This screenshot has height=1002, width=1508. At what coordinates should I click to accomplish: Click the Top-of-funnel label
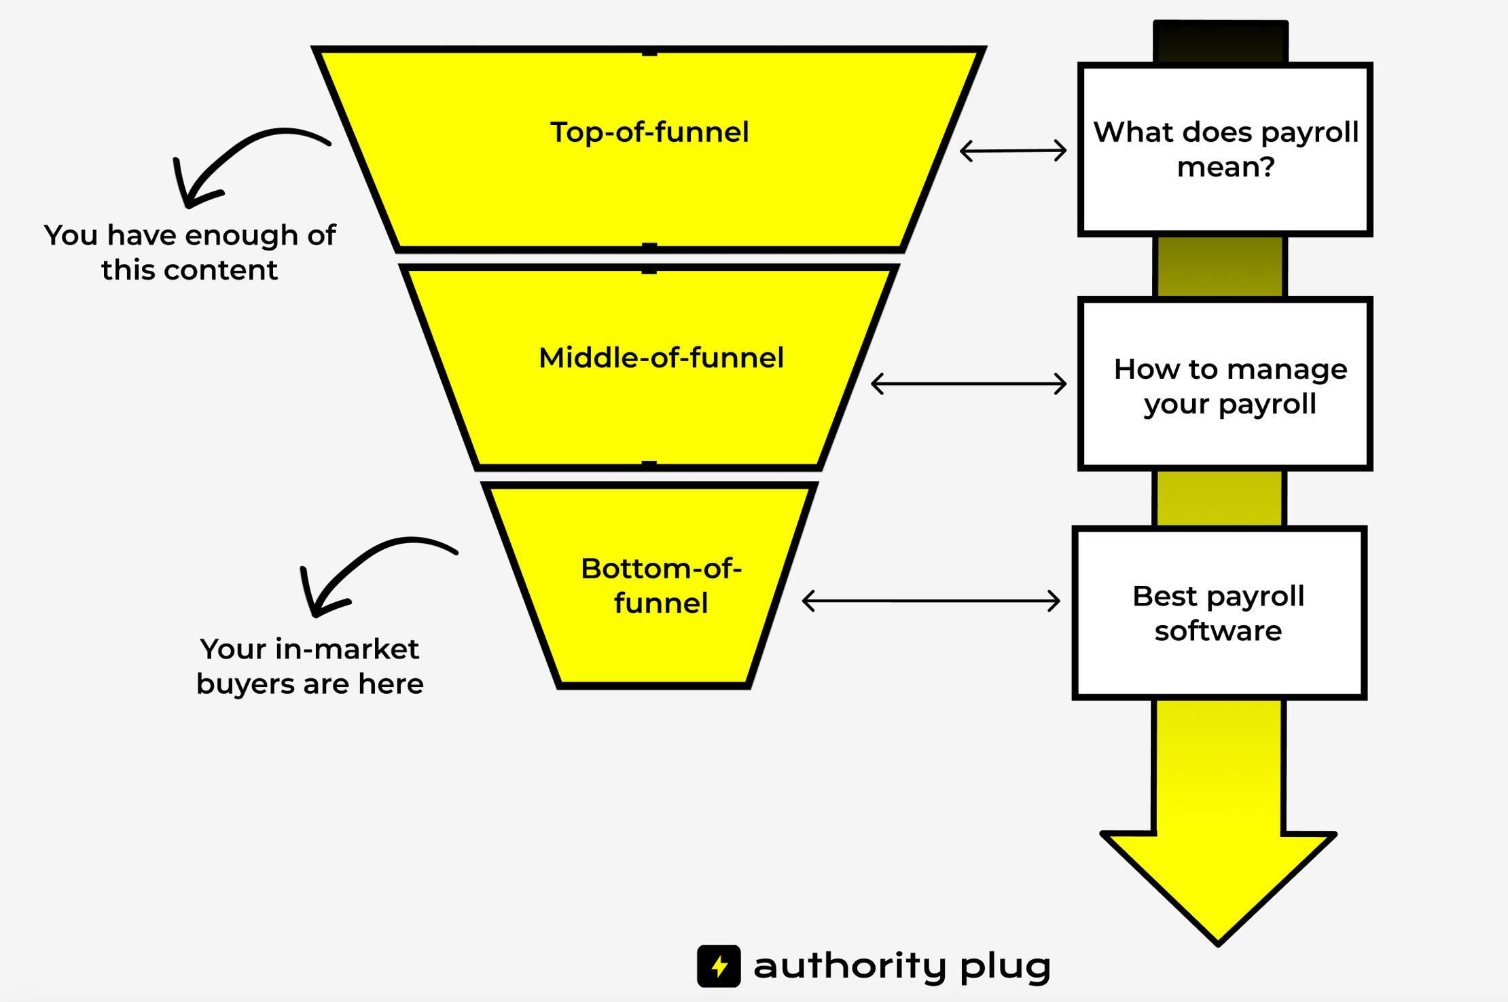click(x=649, y=132)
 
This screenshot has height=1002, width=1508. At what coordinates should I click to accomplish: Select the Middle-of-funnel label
click(x=661, y=358)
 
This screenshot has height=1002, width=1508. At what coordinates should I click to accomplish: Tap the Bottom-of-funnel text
click(x=661, y=585)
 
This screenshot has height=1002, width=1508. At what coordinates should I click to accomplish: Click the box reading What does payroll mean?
click(x=1225, y=149)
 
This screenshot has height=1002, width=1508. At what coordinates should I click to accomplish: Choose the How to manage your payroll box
click(x=1225, y=384)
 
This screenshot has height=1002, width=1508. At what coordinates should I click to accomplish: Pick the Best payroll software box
click(x=1219, y=613)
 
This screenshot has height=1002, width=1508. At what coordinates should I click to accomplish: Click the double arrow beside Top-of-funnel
click(x=1013, y=150)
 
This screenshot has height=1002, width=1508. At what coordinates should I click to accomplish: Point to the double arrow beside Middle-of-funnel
click(x=969, y=384)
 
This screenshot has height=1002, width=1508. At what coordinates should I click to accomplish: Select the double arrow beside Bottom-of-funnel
click(x=931, y=601)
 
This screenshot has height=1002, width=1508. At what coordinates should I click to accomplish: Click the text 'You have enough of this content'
click(x=190, y=253)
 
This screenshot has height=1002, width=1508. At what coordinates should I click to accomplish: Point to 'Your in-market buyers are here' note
click(x=310, y=666)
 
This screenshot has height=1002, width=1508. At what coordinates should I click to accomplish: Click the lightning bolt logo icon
click(x=719, y=965)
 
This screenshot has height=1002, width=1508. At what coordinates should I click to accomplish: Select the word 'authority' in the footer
click(x=850, y=966)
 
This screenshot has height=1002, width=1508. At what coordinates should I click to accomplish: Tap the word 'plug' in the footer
click(x=1005, y=966)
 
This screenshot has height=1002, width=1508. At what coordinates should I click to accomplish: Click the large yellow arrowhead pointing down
click(x=1218, y=883)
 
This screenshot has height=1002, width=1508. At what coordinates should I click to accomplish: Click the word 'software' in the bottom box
click(x=1218, y=631)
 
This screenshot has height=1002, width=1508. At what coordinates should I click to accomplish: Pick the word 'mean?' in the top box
click(x=1225, y=167)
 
